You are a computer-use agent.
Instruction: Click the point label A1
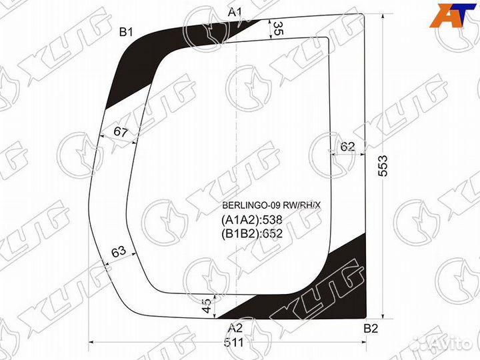pyautogui.click(x=235, y=12)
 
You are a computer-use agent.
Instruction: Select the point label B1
pyautogui.click(x=126, y=32)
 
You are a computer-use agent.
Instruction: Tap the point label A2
pyautogui.click(x=235, y=329)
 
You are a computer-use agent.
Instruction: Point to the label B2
pyautogui.click(x=371, y=329)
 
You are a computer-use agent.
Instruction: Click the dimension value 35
pyautogui.click(x=277, y=29)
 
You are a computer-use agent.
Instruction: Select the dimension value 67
pyautogui.click(x=120, y=132)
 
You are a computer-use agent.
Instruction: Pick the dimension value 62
pyautogui.click(x=347, y=147)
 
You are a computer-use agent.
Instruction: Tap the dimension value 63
pyautogui.click(x=119, y=251)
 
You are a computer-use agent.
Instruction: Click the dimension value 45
pyautogui.click(x=207, y=305)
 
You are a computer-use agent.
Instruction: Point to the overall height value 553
pyautogui.click(x=383, y=165)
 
